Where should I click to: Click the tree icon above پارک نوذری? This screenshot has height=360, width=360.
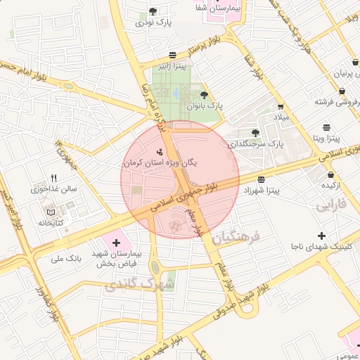[153, 11]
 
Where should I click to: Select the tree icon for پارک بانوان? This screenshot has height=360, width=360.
[204, 94]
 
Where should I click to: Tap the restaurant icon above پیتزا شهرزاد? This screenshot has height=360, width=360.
[262, 179]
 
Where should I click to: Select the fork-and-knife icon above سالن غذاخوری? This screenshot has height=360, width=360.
[53, 178]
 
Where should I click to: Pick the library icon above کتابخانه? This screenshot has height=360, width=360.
[49, 212]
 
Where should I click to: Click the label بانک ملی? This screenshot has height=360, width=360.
[66, 259]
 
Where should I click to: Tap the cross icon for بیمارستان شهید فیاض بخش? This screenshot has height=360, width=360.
[116, 242]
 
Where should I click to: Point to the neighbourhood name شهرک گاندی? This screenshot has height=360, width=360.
[139, 285]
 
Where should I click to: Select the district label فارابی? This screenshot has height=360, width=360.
[331, 207]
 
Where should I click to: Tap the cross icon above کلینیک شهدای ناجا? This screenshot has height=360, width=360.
[321, 236]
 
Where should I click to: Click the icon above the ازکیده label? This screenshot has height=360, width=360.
[330, 174]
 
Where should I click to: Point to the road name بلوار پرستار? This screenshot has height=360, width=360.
[190, 50]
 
